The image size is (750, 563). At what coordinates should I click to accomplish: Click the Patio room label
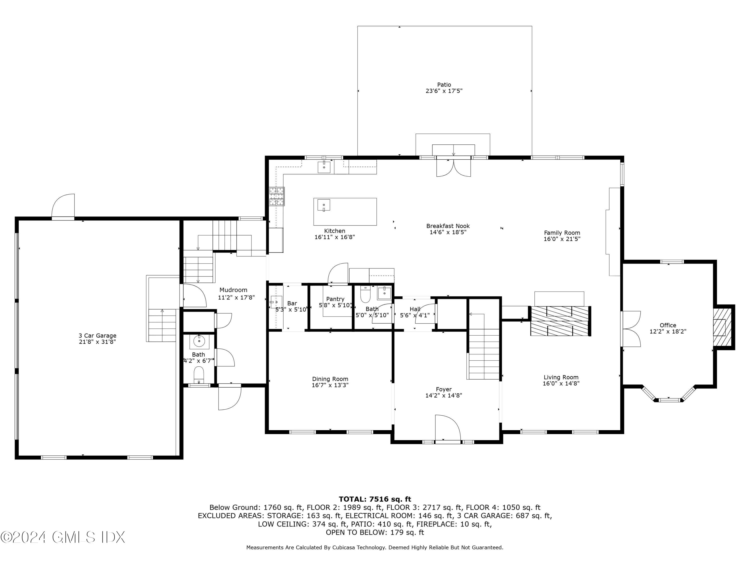point(444,85)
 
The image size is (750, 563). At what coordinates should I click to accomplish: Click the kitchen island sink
point(323,205)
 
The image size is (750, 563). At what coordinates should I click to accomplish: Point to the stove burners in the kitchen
point(277,197)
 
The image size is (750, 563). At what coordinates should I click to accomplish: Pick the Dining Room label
point(330,379)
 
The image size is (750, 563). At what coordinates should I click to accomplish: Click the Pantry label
point(335,299)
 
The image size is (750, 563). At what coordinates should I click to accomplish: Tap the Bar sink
point(276,302)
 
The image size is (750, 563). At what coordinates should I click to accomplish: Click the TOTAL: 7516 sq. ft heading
point(375,499)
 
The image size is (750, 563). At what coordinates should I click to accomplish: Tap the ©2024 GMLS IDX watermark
point(63,537)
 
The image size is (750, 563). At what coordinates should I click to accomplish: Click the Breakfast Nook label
point(448,226)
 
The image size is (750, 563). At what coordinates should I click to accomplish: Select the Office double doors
point(631,329)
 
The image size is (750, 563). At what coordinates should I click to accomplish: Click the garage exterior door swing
point(63,205)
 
